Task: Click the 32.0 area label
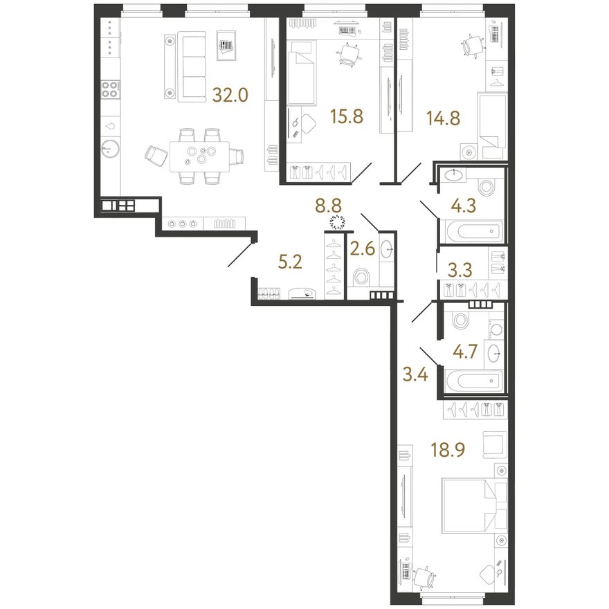pyautogui.click(x=230, y=95)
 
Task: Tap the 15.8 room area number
pyautogui.click(x=347, y=116)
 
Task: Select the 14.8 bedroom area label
pyautogui.click(x=443, y=118)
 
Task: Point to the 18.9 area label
pyautogui.click(x=448, y=450)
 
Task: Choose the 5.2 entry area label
pyautogui.click(x=290, y=263)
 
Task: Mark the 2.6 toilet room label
pyautogui.click(x=363, y=249)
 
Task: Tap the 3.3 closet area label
pyautogui.click(x=460, y=270)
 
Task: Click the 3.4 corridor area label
pyautogui.click(x=416, y=375)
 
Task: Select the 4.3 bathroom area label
pyautogui.click(x=464, y=206)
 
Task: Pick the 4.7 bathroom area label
pyautogui.click(x=464, y=352)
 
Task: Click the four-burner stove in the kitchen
pyautogui.click(x=109, y=89)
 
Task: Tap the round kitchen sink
pyautogui.click(x=110, y=148)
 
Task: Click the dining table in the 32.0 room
pyautogui.click(x=199, y=156)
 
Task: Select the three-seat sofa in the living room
pyautogui.click(x=192, y=69)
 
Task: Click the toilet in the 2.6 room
pyautogui.click(x=361, y=278)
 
